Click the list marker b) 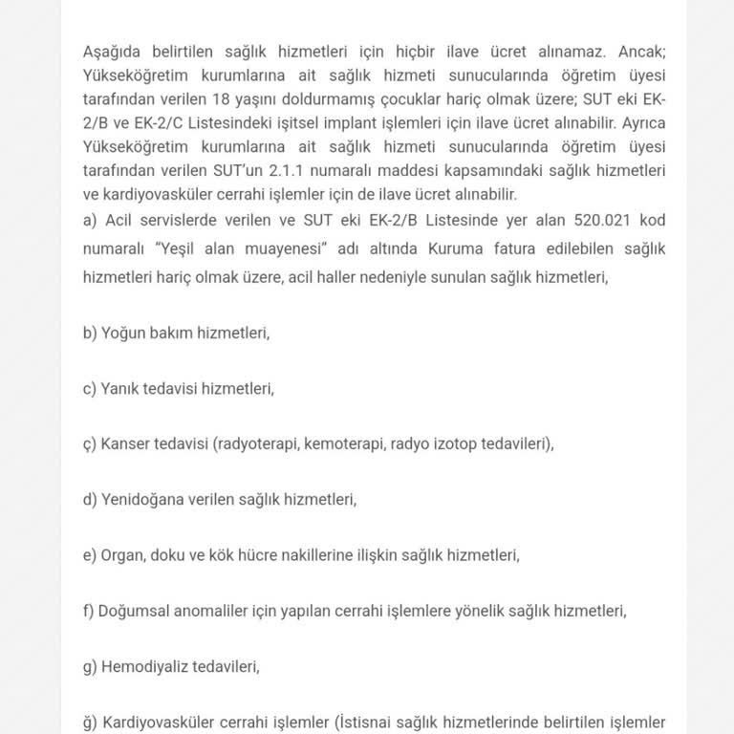[x=91, y=334]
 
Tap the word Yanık [x=121, y=389]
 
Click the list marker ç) [x=91, y=444]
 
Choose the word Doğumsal [x=134, y=610]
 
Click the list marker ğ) [x=91, y=722]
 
